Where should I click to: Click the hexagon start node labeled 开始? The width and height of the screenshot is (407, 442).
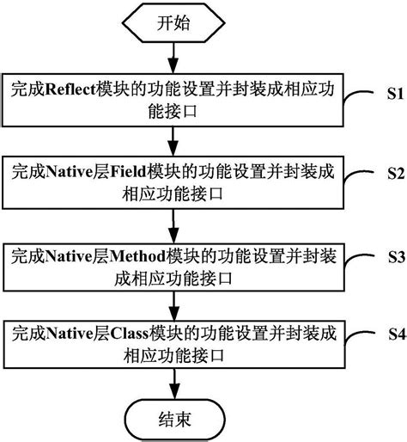[x=173, y=23]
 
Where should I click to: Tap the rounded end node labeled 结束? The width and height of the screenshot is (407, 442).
[x=174, y=420]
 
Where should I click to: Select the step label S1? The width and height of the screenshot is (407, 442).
[x=395, y=94]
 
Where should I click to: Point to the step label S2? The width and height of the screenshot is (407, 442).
[x=396, y=173]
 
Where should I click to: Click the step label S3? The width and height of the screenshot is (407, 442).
[x=397, y=257]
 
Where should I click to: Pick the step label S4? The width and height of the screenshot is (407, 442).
[x=397, y=334]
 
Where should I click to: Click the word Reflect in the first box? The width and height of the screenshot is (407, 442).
[x=70, y=89]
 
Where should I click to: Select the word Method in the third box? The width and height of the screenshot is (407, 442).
[x=138, y=256]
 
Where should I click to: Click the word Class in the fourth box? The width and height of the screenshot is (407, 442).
[x=129, y=334]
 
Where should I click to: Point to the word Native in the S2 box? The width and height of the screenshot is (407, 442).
[x=69, y=172]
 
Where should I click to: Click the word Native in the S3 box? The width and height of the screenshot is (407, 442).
[x=69, y=256]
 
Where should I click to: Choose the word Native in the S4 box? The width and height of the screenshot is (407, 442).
[x=70, y=334]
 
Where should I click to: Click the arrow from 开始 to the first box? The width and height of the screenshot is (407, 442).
[x=173, y=58]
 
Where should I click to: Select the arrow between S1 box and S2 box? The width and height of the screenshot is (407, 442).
[x=173, y=141]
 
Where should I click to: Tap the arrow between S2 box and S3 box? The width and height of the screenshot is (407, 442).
[x=173, y=226]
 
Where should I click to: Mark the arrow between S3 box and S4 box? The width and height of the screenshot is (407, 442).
[x=173, y=306]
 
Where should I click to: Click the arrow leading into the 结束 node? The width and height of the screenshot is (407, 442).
[x=174, y=384]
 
